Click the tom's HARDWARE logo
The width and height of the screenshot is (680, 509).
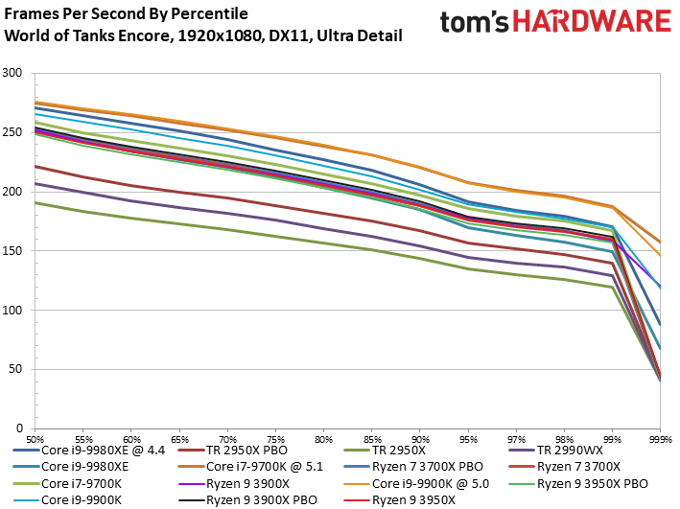pyautogui.click(x=554, y=23)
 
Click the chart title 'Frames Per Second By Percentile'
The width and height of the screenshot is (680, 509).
pyautogui.click(x=126, y=14)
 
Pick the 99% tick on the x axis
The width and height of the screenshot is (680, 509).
pyautogui.click(x=612, y=436)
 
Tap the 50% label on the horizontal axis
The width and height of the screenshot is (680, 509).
pyautogui.click(x=35, y=436)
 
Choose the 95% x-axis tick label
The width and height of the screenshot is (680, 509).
pyautogui.click(x=467, y=436)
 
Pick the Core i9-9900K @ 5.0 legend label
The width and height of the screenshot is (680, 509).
pyautogui.click(x=431, y=483)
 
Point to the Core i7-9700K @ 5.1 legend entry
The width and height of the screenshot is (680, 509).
pyautogui.click(x=264, y=467)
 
